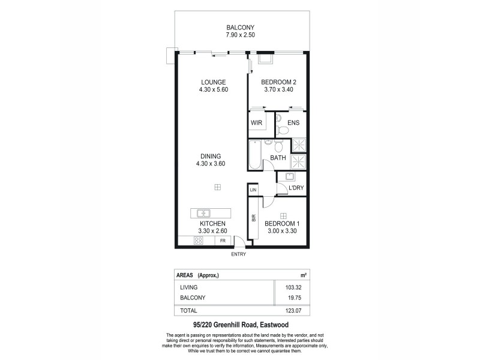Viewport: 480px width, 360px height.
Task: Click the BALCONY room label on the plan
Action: [x=241, y=28]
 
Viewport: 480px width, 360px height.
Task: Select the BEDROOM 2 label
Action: [x=279, y=82]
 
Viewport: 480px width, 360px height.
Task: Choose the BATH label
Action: [x=278, y=158]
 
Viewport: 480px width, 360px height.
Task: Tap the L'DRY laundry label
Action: [x=296, y=188]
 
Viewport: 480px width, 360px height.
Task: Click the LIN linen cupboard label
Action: [x=253, y=190]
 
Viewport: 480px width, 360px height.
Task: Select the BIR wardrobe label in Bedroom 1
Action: [x=253, y=220]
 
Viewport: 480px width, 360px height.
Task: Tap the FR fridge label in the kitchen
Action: [x=223, y=241]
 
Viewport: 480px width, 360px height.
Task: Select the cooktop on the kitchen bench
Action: [x=198, y=241]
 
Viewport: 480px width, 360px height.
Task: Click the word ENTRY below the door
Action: [x=238, y=254]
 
